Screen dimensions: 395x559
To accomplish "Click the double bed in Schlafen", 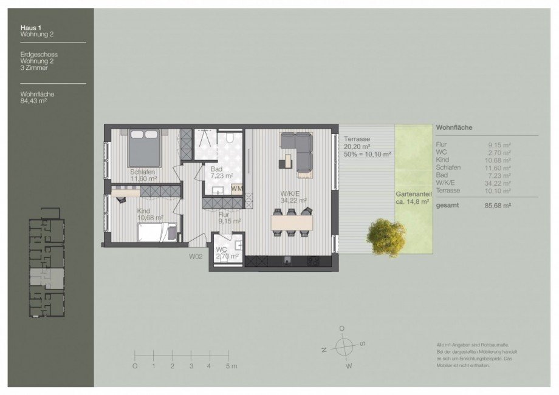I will click(145, 149).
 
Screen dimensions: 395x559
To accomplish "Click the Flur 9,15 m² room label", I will click(229, 217).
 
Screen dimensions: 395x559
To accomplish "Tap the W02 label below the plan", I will click(195, 257).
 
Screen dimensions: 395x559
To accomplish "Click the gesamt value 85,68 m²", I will click(499, 206).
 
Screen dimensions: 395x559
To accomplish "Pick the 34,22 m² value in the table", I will click(499, 183).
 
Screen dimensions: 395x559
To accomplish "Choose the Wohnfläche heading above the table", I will click(454, 127).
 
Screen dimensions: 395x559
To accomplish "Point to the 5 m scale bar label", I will click(230, 366).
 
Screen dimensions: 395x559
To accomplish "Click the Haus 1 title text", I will click(31, 27).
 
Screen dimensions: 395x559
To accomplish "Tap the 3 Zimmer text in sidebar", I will click(33, 68).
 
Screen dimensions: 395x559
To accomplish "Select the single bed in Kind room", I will click(157, 232).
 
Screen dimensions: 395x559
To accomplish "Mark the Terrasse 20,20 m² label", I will click(357, 142).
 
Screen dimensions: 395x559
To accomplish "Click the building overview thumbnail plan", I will click(47, 268).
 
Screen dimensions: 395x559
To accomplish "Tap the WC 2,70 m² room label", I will click(227, 252).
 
